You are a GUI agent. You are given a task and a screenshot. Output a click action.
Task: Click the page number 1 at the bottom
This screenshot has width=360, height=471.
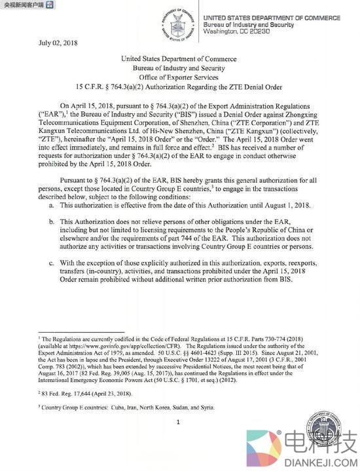point(177,422)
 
